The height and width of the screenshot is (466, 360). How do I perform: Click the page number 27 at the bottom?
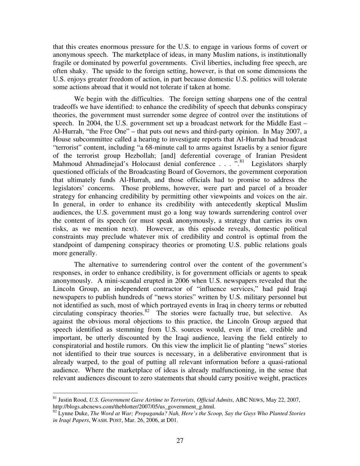(180, 441)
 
